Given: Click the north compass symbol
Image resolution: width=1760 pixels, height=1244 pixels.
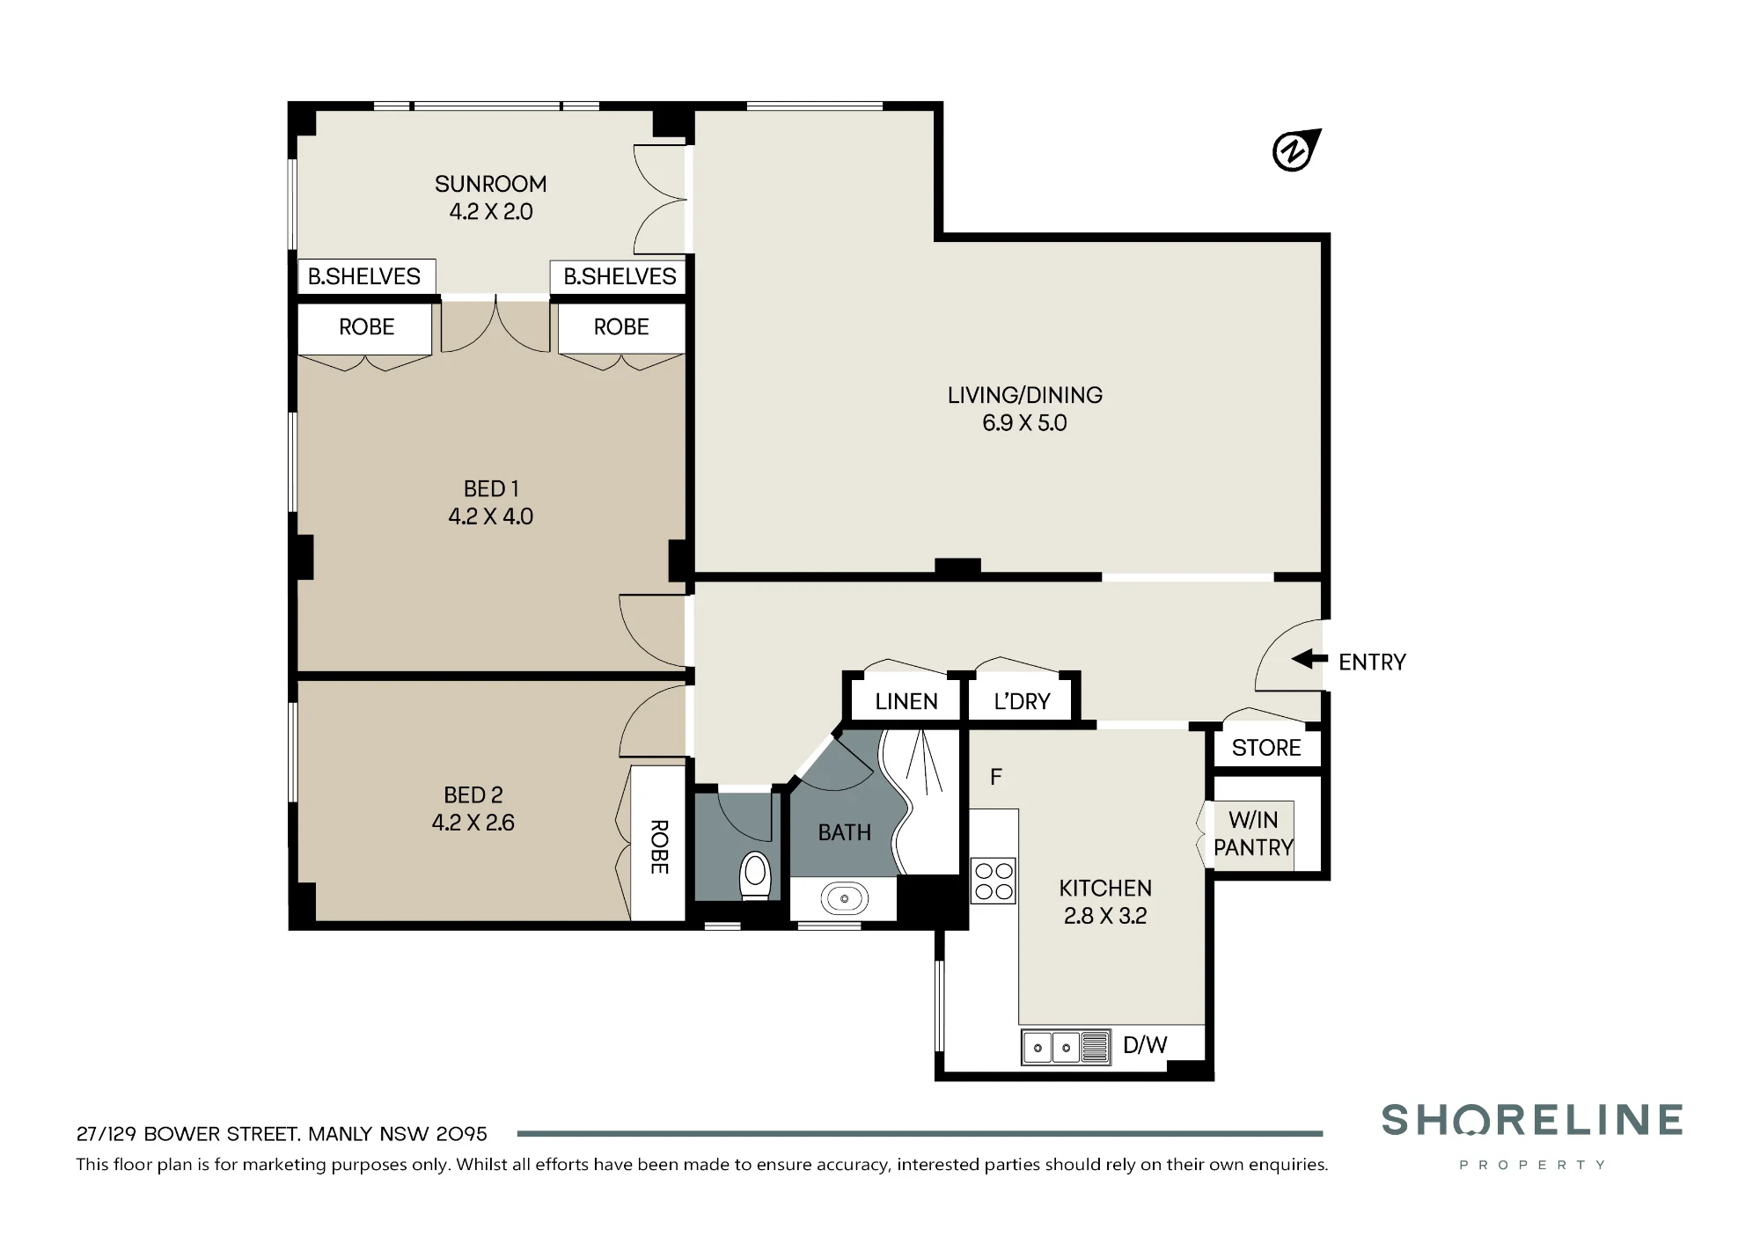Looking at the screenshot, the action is pos(1295,150).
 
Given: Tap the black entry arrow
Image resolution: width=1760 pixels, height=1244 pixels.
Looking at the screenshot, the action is pos(1309,659).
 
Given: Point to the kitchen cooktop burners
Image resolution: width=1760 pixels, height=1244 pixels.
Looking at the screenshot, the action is pos(994,881).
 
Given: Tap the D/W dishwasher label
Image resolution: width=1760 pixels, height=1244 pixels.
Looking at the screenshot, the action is pos(1145,1045).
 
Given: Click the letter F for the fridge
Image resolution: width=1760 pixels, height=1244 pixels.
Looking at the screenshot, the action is pos(996,777).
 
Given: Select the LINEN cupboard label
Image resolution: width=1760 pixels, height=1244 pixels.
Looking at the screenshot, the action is pos(906,701).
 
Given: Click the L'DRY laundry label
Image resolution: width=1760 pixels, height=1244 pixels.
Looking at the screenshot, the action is pos(1022,701).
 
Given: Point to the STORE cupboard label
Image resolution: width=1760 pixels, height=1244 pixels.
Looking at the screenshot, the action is pos(1266,748).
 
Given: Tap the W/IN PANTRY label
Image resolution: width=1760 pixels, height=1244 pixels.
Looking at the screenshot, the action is pos(1253,833).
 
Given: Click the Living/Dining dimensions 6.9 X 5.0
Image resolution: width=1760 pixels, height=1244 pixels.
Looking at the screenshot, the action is pos(1024,423).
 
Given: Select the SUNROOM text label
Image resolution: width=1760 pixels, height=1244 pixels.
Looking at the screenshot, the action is pos(491,184).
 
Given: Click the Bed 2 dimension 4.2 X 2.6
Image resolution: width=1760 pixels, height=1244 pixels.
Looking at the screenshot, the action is pos(473,823).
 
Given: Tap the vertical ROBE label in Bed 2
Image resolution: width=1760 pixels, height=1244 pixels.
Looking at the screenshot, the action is pos(659,847).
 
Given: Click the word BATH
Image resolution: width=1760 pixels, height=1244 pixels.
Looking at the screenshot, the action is pos(845,832).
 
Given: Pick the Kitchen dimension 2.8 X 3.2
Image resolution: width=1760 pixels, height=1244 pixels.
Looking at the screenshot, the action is pos(1105,916).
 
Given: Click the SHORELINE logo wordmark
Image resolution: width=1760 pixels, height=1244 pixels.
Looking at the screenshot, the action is pos(1532,1120).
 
